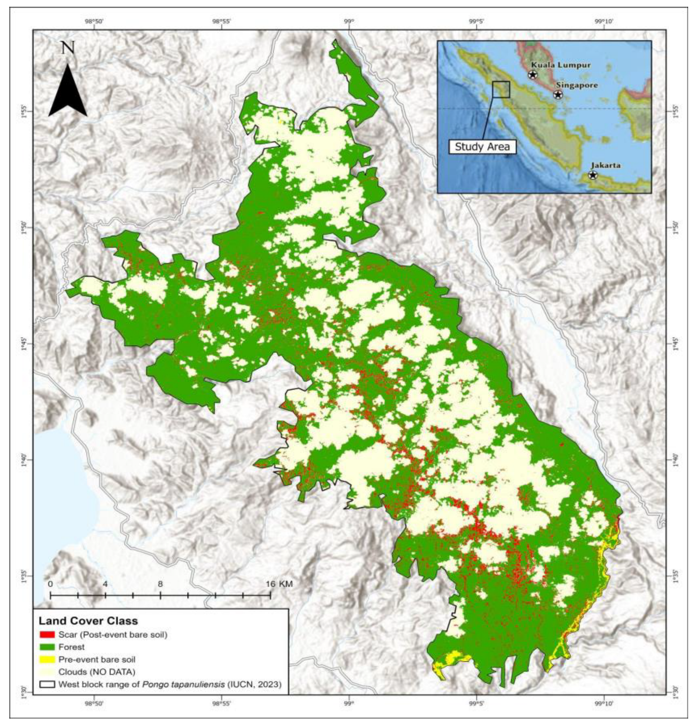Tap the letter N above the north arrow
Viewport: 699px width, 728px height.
click(x=68, y=48)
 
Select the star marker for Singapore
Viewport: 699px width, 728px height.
click(x=558, y=95)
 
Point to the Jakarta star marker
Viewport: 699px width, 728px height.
click(x=593, y=175)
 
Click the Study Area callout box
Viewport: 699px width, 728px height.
click(x=482, y=147)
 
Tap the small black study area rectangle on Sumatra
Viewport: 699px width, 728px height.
click(x=501, y=89)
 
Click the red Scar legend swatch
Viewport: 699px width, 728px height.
click(x=47, y=635)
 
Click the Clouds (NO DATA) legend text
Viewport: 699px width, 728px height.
click(x=96, y=672)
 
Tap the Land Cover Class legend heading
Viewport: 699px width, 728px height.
click(x=88, y=621)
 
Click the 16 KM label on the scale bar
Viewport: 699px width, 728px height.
click(x=279, y=584)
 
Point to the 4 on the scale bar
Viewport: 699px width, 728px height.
click(x=105, y=584)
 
